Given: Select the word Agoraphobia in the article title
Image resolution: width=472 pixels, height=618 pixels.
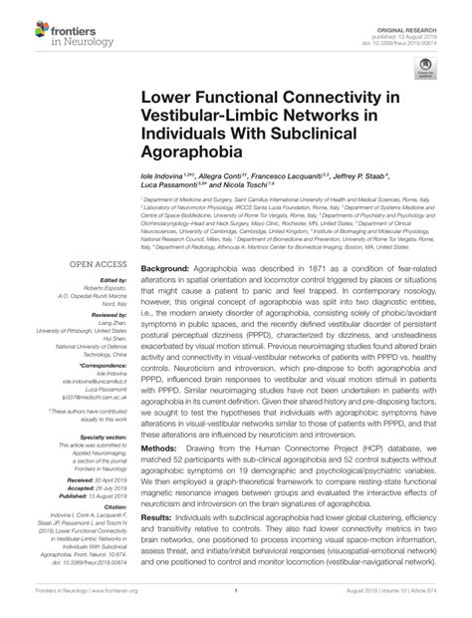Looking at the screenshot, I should [x=189, y=154].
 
